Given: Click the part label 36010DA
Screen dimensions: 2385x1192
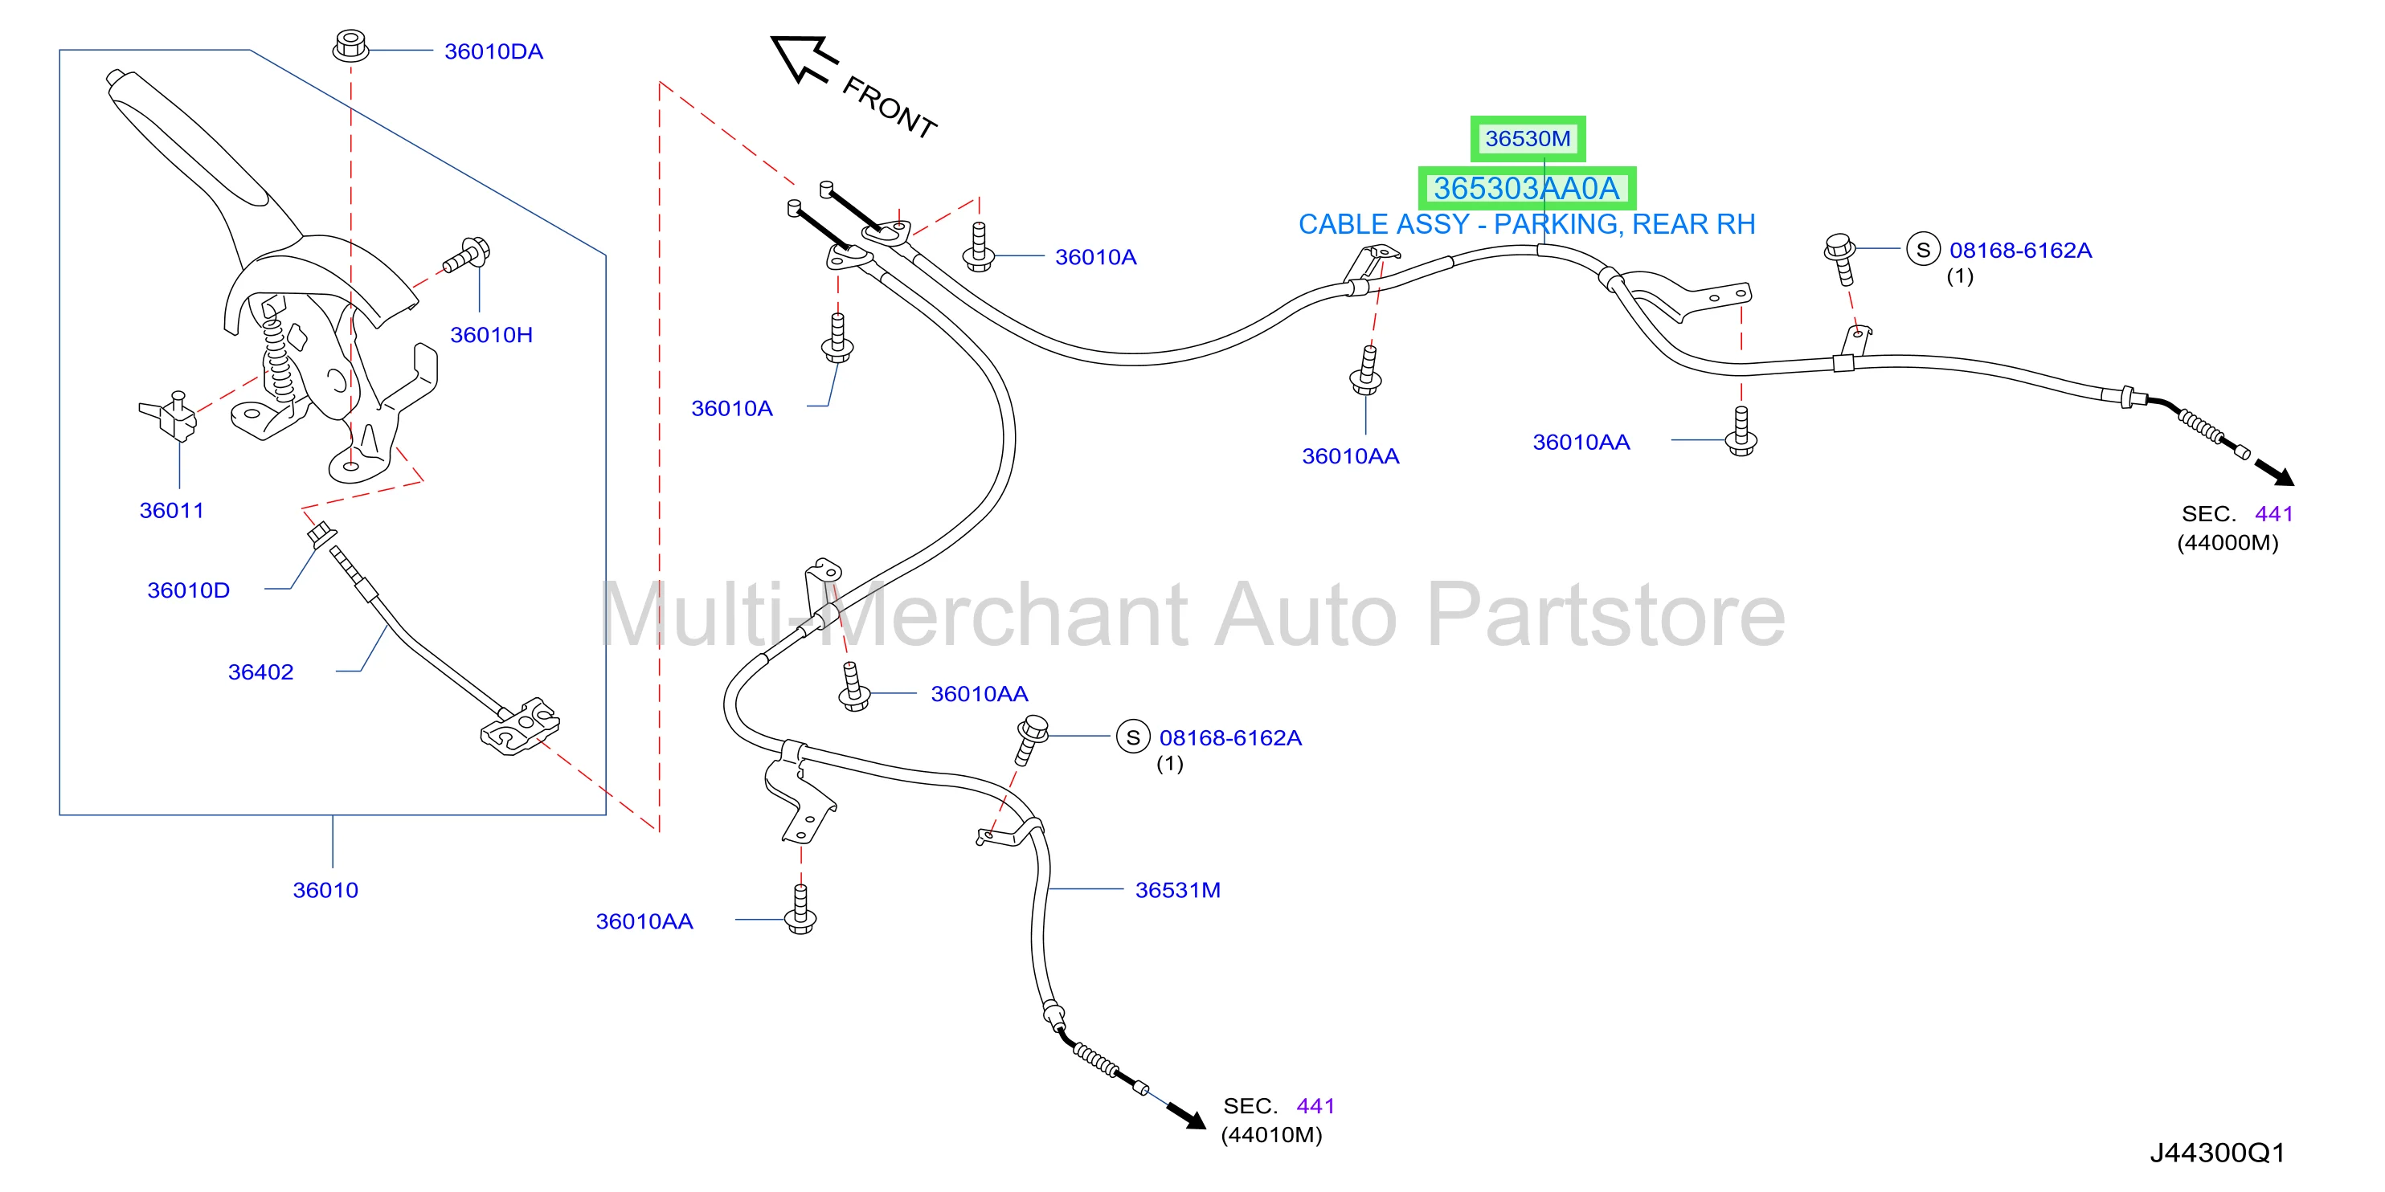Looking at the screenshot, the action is pos(493,52).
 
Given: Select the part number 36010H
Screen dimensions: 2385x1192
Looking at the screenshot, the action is pos(491,335).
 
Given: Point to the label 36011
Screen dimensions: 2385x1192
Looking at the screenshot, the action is pos(171,510).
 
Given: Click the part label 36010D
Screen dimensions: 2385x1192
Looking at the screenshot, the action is pos(189,590).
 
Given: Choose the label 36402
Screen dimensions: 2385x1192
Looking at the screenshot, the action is pos(260,672).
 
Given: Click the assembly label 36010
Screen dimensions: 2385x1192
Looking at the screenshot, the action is pos(325,890).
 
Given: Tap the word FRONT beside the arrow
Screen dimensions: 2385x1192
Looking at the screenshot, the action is pos(889,108).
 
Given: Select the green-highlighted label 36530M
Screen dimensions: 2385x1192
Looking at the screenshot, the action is pos(1528,139).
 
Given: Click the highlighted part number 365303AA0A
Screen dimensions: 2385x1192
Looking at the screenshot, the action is pos(1527,189).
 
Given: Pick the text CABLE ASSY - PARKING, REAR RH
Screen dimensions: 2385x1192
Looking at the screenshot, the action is pos(1527,225).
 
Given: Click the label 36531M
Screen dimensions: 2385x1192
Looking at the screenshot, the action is pos(1178,890).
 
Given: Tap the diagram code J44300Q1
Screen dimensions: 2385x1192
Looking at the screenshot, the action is pos(2217,1153).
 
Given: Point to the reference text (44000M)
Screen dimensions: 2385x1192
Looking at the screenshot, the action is pos(2227,543).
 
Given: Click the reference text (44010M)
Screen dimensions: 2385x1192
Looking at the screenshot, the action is pos(1271,1136).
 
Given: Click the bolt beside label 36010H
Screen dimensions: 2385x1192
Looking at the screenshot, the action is pos(467,256).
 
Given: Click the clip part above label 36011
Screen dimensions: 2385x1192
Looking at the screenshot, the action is pos(170,414).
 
